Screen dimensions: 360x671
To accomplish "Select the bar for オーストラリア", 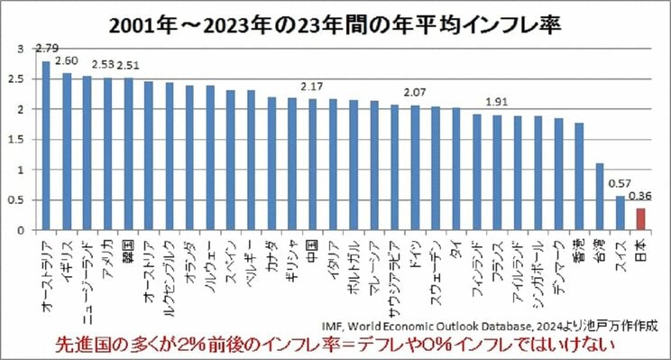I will pos(46,145).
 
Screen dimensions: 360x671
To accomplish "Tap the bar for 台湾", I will pos(600,197).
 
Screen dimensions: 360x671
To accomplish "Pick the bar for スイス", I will pos(620,213).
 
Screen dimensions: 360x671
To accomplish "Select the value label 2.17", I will pos(313,87).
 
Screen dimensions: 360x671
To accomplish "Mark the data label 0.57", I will pos(619,183).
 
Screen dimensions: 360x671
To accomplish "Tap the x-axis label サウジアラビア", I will pos(394,271).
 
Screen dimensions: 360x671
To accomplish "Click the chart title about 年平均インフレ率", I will pos(335,23).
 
